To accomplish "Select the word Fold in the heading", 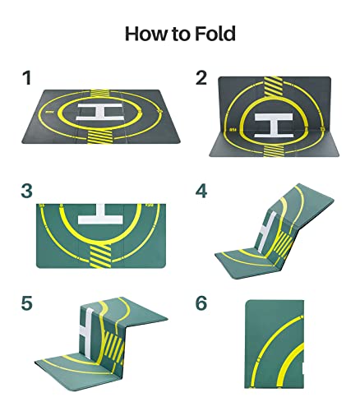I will tap(216, 34).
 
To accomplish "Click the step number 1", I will tap(27, 79).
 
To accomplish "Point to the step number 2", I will tap(201, 79).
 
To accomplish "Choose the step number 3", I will tap(27, 192).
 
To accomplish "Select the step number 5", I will tap(27, 302).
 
